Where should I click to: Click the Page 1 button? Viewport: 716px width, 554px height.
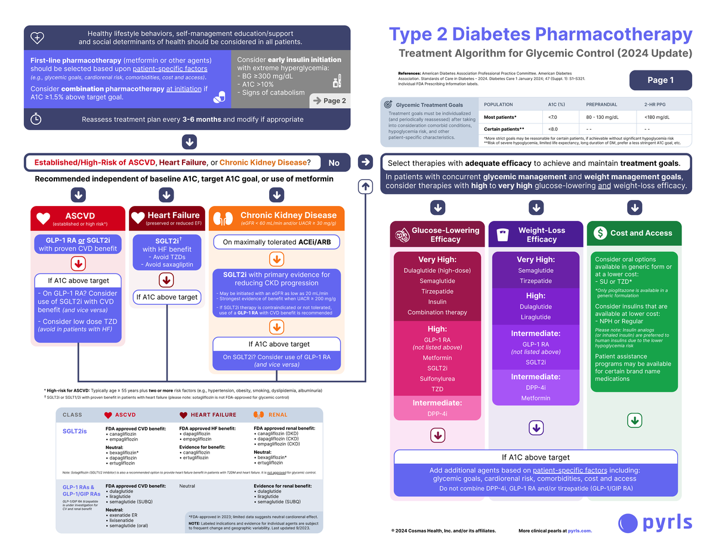coord(661,80)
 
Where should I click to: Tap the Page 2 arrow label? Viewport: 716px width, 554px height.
coord(329,100)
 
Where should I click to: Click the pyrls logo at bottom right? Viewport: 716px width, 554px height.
coord(655,522)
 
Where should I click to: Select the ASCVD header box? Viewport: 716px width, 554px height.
coord(78,218)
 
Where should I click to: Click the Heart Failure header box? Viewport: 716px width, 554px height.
coord(166,218)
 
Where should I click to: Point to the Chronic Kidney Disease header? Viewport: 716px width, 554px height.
coord(276,218)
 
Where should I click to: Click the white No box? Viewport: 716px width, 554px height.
coord(334,162)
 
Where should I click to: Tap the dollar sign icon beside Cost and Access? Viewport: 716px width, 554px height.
coord(600,233)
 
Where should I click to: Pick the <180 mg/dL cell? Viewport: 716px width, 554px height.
coord(658,117)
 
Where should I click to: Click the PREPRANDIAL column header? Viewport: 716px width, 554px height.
coord(601,104)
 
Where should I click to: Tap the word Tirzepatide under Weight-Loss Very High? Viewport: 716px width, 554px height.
coord(535,281)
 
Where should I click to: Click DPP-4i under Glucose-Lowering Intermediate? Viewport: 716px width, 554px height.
coord(437,414)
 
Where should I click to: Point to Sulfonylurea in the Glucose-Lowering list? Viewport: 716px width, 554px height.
coord(437,378)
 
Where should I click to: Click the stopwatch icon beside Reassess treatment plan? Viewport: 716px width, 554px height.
coord(36,119)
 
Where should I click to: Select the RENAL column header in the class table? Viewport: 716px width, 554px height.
coord(277,414)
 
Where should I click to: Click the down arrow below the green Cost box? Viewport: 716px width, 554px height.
coord(634,420)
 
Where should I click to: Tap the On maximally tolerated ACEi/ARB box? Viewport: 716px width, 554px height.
coord(276,242)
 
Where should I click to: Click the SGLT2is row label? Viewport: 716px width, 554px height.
coord(75,430)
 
